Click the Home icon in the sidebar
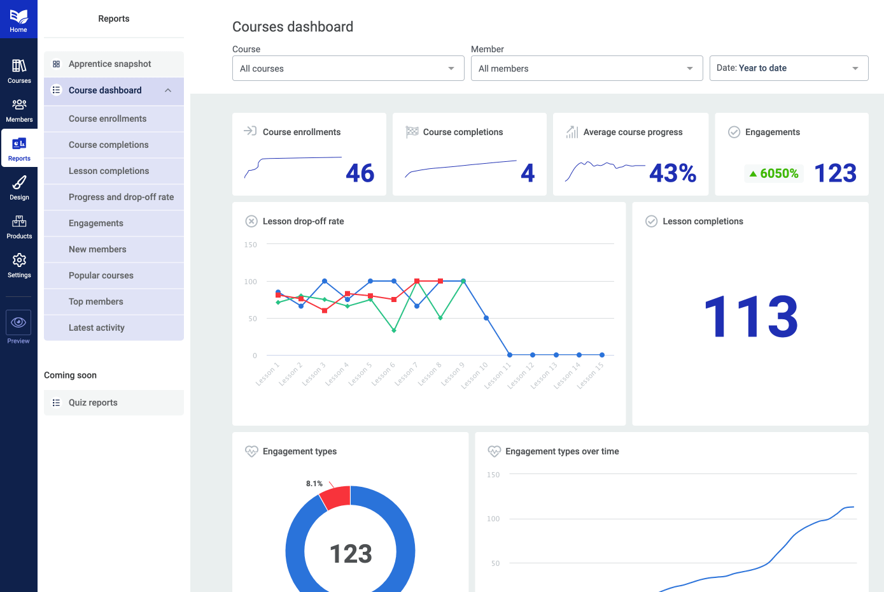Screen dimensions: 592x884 pyautogui.click(x=18, y=20)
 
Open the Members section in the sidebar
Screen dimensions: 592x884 pyautogui.click(x=19, y=110)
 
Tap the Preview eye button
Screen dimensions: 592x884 pyautogui.click(x=18, y=322)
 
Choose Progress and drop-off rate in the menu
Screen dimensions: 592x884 pyautogui.click(x=121, y=197)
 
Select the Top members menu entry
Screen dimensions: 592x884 pyautogui.click(x=96, y=301)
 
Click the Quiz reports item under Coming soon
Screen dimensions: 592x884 pyautogui.click(x=93, y=403)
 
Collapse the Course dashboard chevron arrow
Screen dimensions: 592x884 pyautogui.click(x=168, y=90)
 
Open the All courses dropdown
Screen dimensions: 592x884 pyautogui.click(x=347, y=68)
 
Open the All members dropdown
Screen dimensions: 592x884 pyautogui.click(x=586, y=68)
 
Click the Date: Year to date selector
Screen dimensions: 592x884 pyautogui.click(x=789, y=68)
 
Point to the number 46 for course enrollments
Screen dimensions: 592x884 pyautogui.click(x=360, y=173)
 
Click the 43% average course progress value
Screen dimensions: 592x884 pyautogui.click(x=673, y=173)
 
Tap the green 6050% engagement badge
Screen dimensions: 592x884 pyautogui.click(x=773, y=173)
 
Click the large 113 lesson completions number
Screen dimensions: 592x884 pyautogui.click(x=751, y=317)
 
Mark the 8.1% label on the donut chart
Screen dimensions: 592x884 pyautogui.click(x=314, y=484)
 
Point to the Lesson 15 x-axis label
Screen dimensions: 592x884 pyautogui.click(x=590, y=375)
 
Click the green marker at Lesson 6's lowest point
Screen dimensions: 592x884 pyautogui.click(x=394, y=331)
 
